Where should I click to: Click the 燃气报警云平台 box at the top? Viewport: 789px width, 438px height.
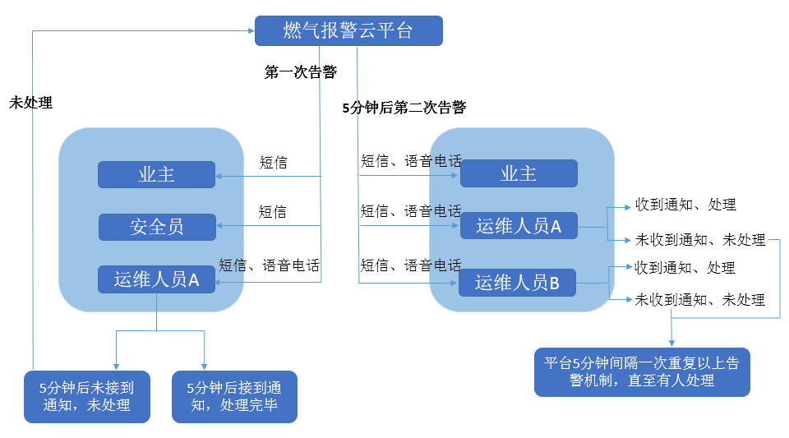[x=348, y=31]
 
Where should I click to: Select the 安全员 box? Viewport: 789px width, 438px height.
[x=157, y=227]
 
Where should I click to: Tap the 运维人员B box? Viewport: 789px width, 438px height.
[x=518, y=283]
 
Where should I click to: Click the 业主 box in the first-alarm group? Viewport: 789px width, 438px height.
[x=157, y=174]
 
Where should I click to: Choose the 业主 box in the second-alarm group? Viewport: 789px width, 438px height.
[x=519, y=173]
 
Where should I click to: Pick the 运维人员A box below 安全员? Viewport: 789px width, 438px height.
[x=157, y=279]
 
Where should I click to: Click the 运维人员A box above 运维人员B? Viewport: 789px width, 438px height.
[x=518, y=226]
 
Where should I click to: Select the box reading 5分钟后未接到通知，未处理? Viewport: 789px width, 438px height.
[x=86, y=396]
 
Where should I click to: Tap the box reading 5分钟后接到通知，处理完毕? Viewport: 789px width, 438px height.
[x=234, y=396]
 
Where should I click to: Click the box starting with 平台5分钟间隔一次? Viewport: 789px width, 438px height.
[x=641, y=371]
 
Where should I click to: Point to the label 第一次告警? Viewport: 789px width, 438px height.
[x=300, y=72]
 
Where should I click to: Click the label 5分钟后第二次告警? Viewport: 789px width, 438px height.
[x=404, y=108]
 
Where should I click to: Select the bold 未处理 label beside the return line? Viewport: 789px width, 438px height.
[x=30, y=104]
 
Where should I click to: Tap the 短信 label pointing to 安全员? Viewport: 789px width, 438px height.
[x=273, y=212]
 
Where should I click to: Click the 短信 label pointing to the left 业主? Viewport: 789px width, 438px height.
[x=273, y=162]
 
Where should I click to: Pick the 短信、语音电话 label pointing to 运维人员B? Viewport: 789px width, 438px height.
[x=411, y=265]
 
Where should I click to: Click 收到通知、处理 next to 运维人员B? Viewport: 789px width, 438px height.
[x=685, y=268]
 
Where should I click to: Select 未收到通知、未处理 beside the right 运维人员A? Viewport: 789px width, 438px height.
[x=699, y=240]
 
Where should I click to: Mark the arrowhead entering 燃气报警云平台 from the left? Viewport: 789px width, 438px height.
[x=251, y=31]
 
